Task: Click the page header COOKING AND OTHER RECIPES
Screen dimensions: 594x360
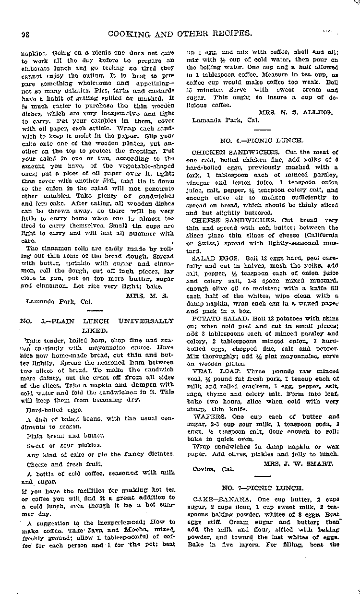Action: coord(180,33)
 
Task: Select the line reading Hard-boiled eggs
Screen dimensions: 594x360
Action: coord(48,409)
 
